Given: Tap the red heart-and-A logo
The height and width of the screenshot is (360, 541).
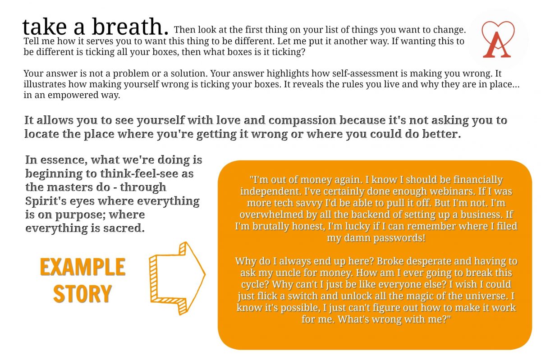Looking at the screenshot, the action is point(498,39).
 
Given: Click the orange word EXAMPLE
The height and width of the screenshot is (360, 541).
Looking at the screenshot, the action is point(83,267).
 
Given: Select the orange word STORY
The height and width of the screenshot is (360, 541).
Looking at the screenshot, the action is point(83,294).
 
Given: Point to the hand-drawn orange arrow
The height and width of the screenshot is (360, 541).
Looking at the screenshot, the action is point(177,278).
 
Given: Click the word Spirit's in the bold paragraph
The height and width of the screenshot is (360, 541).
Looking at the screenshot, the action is point(46,201).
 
